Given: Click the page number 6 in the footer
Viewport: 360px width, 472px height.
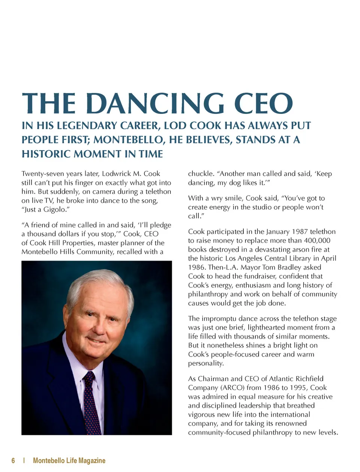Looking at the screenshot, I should pyautogui.click(x=13, y=460).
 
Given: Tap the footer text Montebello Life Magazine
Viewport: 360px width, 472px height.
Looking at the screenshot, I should pyautogui.click(x=69, y=460).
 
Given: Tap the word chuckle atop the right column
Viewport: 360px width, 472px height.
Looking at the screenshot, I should pyautogui.click(x=201, y=174).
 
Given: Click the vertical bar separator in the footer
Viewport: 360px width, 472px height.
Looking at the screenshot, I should pyautogui.click(x=24, y=460).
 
